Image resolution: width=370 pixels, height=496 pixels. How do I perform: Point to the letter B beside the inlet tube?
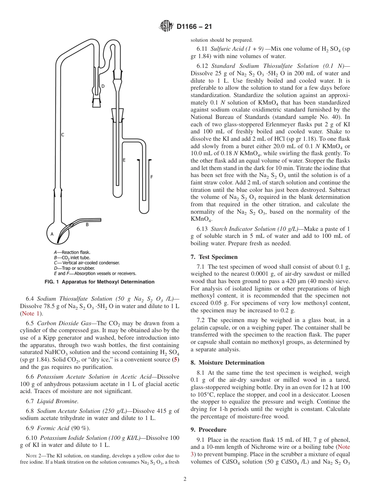pyautogui.click(x=87, y=225)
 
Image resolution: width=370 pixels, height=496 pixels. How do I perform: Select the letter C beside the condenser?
pyautogui.click(x=62, y=135)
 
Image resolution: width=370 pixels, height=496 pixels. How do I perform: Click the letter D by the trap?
pyautogui.click(x=103, y=86)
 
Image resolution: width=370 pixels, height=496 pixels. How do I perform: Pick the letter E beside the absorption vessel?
pyautogui.click(x=124, y=160)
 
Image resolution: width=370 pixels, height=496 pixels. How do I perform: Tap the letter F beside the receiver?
pyautogui.click(x=152, y=177)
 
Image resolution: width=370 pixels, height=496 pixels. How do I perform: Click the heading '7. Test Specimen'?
pyautogui.click(x=214, y=257)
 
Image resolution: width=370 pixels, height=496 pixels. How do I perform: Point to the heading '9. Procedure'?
pyautogui.click(x=208, y=430)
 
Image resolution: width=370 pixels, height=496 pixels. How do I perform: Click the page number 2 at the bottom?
pyautogui.click(x=185, y=479)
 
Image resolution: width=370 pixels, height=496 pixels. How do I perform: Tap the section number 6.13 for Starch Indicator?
pyautogui.click(x=203, y=229)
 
